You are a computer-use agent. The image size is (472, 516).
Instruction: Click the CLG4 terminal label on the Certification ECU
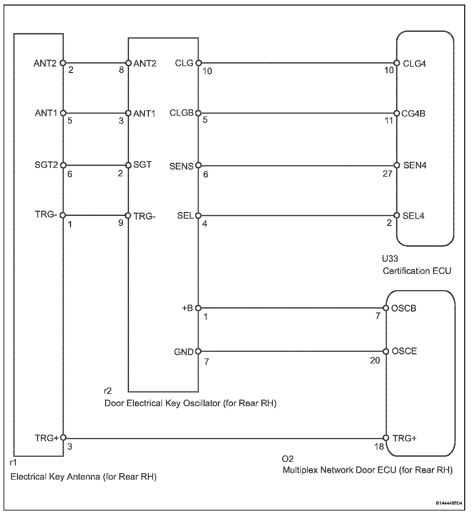pyautogui.click(x=414, y=64)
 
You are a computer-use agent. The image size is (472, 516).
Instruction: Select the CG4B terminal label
pyautogui.click(x=413, y=114)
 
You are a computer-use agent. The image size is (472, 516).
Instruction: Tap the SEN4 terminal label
pyautogui.click(x=415, y=166)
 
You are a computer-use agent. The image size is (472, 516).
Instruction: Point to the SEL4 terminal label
pyautogui.click(x=413, y=216)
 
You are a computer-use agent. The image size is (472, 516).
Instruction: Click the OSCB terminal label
pyautogui.click(x=404, y=308)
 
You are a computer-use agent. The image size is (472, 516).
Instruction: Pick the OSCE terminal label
pyautogui.click(x=404, y=351)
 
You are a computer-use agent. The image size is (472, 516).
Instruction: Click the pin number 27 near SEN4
pyautogui.click(x=387, y=174)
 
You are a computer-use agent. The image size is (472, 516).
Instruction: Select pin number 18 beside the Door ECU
pyautogui.click(x=379, y=447)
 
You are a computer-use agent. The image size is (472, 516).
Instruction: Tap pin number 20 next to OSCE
pyautogui.click(x=375, y=360)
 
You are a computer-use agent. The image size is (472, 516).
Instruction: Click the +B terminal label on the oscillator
pyautogui.click(x=188, y=308)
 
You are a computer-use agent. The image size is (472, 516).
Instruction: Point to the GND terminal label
pyautogui.click(x=184, y=352)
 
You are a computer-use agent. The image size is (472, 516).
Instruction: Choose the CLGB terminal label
pyautogui.click(x=181, y=113)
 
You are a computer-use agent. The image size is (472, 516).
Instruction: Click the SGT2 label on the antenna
pyautogui.click(x=46, y=165)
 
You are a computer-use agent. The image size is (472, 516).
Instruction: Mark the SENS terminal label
pyautogui.click(x=182, y=166)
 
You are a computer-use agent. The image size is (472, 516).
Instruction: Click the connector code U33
pyautogui.click(x=390, y=259)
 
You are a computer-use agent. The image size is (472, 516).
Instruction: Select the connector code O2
pyautogui.click(x=288, y=459)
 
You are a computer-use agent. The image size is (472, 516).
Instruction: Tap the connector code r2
pyautogui.click(x=107, y=391)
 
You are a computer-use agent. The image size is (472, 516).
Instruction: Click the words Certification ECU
pyautogui.click(x=417, y=271)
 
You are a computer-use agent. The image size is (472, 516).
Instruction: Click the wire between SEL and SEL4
pyautogui.click(x=297, y=216)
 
